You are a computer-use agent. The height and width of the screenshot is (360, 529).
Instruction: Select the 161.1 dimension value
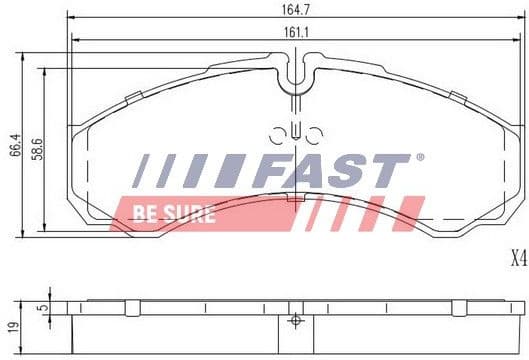pyautogui.click(x=293, y=33)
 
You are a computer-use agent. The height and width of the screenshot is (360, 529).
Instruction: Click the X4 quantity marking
pyautogui.click(x=516, y=260)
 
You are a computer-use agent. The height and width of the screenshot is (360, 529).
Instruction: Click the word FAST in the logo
pyautogui.click(x=330, y=171)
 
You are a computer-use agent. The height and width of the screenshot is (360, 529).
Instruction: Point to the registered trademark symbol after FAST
pyautogui.click(x=419, y=158)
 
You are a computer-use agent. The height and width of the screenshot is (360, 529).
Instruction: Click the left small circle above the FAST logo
pyautogui.click(x=277, y=134)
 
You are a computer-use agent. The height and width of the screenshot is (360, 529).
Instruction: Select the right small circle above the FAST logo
pyautogui.click(x=313, y=134)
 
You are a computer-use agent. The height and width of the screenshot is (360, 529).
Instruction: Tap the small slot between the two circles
pyautogui.click(x=295, y=130)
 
